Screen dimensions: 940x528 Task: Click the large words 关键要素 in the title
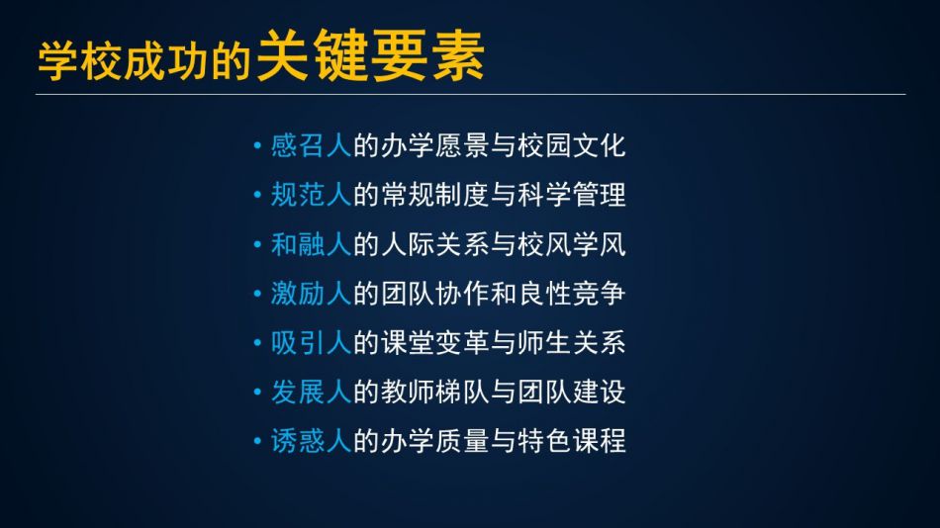[370, 55]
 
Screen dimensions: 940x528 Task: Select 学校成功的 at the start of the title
[143, 61]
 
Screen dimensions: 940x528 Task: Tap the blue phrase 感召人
[311, 145]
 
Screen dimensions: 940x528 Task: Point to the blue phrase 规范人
[311, 195]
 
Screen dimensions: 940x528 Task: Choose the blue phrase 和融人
[311, 244]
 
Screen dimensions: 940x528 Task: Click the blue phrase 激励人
[311, 294]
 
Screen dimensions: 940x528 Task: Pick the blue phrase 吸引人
[311, 343]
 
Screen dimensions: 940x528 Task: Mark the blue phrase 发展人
[311, 392]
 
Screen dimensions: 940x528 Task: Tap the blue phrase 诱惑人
[311, 441]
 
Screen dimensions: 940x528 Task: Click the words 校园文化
[572, 145]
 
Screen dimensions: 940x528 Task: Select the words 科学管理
[572, 195]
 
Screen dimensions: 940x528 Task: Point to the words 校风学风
[572, 244]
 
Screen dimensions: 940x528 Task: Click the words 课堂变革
[434, 343]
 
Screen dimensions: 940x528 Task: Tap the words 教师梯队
[434, 392]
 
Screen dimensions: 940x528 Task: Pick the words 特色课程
[572, 441]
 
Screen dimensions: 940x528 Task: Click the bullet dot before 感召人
[257, 145]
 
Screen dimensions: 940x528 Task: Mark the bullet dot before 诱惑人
[257, 442]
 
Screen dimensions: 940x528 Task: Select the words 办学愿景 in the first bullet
[434, 145]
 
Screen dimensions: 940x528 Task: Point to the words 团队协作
[434, 294]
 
